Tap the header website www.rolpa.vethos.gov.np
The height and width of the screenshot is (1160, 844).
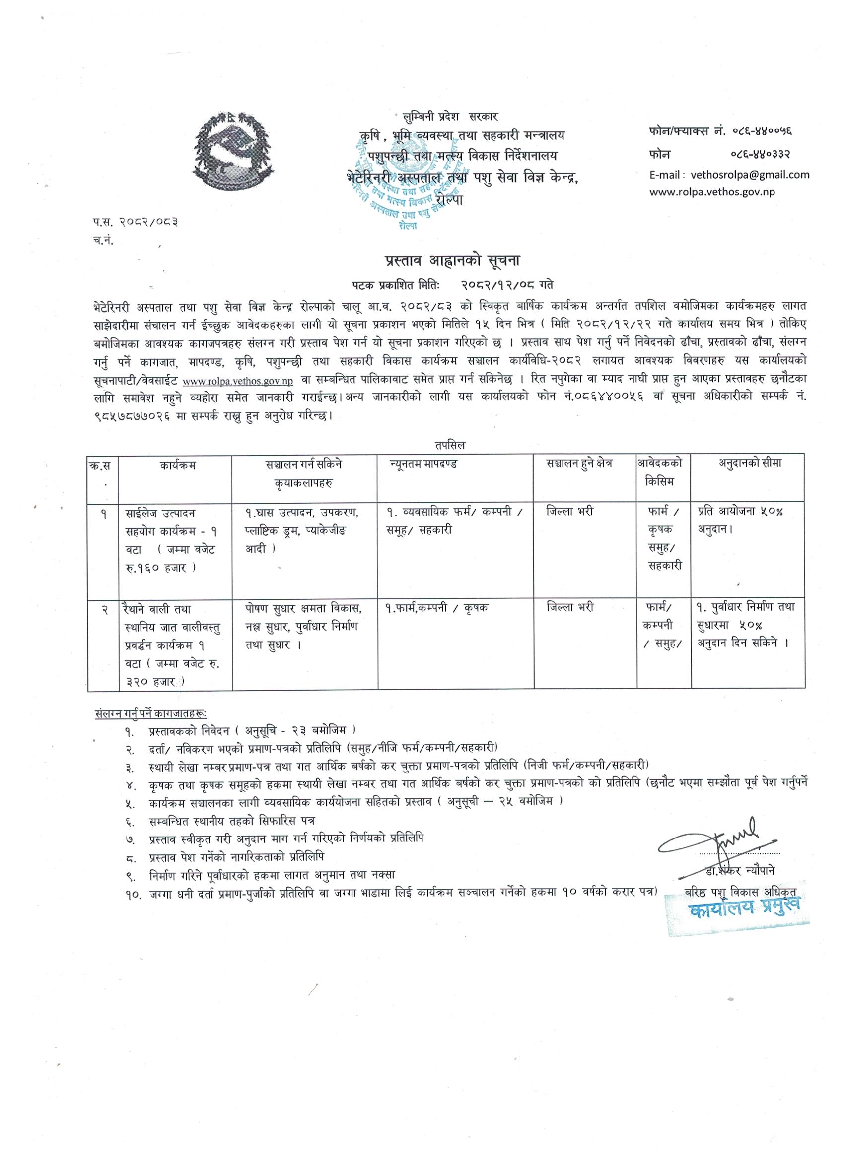pyautogui.click(x=712, y=192)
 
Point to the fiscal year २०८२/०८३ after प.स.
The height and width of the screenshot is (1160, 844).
pyautogui.click(x=148, y=222)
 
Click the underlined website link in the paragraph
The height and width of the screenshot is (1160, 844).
pyautogui.click(x=237, y=381)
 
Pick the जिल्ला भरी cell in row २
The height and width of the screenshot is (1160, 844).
pyautogui.click(x=569, y=608)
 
